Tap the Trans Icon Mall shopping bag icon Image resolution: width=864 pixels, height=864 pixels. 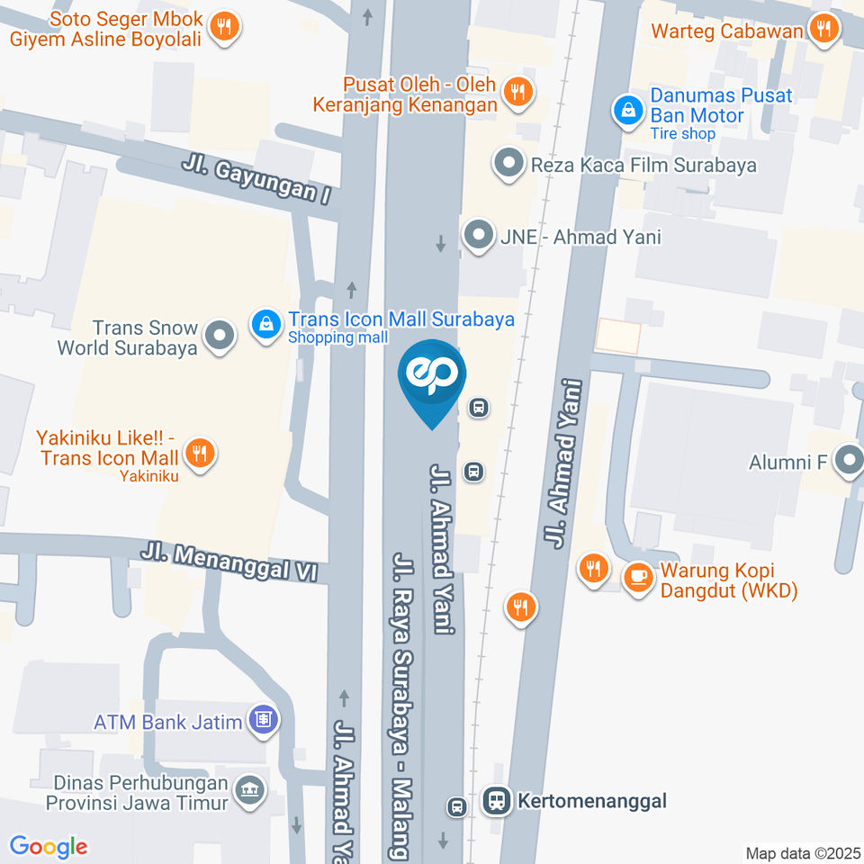click(266, 325)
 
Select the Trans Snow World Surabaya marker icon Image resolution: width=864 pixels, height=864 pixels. click(219, 337)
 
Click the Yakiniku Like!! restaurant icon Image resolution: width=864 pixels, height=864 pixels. click(199, 453)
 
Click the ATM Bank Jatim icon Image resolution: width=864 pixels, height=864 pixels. click(264, 719)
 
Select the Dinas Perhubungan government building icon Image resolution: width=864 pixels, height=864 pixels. click(248, 790)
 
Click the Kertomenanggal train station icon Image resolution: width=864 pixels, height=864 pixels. click(495, 799)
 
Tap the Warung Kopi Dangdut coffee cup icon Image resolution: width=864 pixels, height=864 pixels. click(638, 577)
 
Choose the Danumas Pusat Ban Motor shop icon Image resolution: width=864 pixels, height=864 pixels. click(627, 111)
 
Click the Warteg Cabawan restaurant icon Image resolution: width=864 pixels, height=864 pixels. click(823, 29)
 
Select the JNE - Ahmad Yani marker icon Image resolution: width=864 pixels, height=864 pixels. click(477, 236)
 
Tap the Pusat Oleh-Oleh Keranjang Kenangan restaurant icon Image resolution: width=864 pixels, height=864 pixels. click(517, 90)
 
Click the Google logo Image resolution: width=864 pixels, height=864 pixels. click(49, 846)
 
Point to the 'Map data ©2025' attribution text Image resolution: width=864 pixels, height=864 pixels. click(803, 852)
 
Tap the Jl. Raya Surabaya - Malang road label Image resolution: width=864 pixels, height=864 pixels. click(401, 702)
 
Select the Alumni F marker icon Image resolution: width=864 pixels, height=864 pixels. click(848, 463)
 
